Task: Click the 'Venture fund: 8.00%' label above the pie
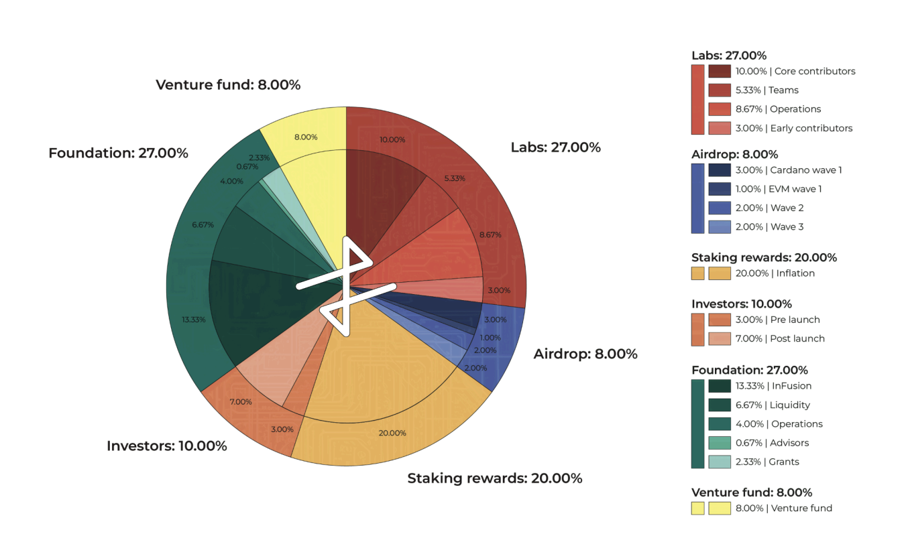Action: point(228,85)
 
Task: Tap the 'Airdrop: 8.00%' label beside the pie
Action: point(585,354)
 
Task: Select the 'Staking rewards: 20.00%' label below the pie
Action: point(495,478)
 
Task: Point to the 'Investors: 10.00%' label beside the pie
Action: point(166,446)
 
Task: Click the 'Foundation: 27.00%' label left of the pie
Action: point(118,153)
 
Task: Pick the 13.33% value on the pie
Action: point(194,320)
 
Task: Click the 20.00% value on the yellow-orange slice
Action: point(392,433)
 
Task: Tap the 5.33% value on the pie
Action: point(455,178)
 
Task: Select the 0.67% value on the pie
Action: point(247,166)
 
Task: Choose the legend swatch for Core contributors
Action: point(720,71)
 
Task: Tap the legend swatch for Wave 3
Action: point(720,226)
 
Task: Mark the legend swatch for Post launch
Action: point(720,338)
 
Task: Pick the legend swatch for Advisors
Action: point(720,443)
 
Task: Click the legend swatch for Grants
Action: point(720,462)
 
